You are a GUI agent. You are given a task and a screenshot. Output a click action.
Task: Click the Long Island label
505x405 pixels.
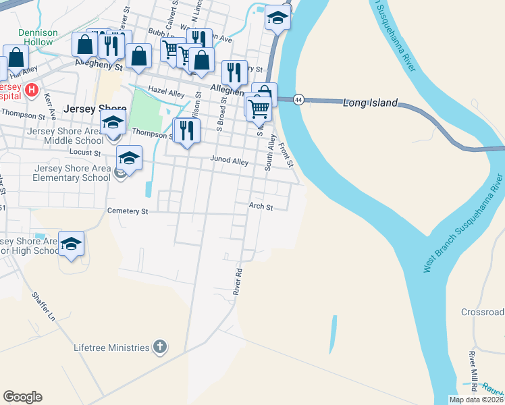pyautogui.click(x=371, y=103)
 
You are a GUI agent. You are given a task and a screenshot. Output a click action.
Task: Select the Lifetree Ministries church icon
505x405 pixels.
pyautogui.click(x=159, y=347)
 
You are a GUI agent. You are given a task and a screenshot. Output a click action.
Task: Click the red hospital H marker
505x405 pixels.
pyautogui.click(x=31, y=89)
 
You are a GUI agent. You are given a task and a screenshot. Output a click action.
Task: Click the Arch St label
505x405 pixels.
pyautogui.click(x=261, y=207)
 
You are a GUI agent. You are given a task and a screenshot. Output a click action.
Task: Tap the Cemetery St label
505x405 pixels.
pyautogui.click(x=128, y=211)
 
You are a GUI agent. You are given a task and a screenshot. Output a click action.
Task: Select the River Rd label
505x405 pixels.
pyautogui.click(x=238, y=280)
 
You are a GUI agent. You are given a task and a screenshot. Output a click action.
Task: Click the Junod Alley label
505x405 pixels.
pyautogui.click(x=230, y=162)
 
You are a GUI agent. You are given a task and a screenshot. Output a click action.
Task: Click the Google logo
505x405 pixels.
pyautogui.click(x=22, y=397)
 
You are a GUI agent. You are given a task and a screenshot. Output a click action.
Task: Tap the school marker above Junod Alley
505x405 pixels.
pyautogui.click(x=129, y=158)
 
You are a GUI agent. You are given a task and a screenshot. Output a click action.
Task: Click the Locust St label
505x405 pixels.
pyautogui.click(x=85, y=153)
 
